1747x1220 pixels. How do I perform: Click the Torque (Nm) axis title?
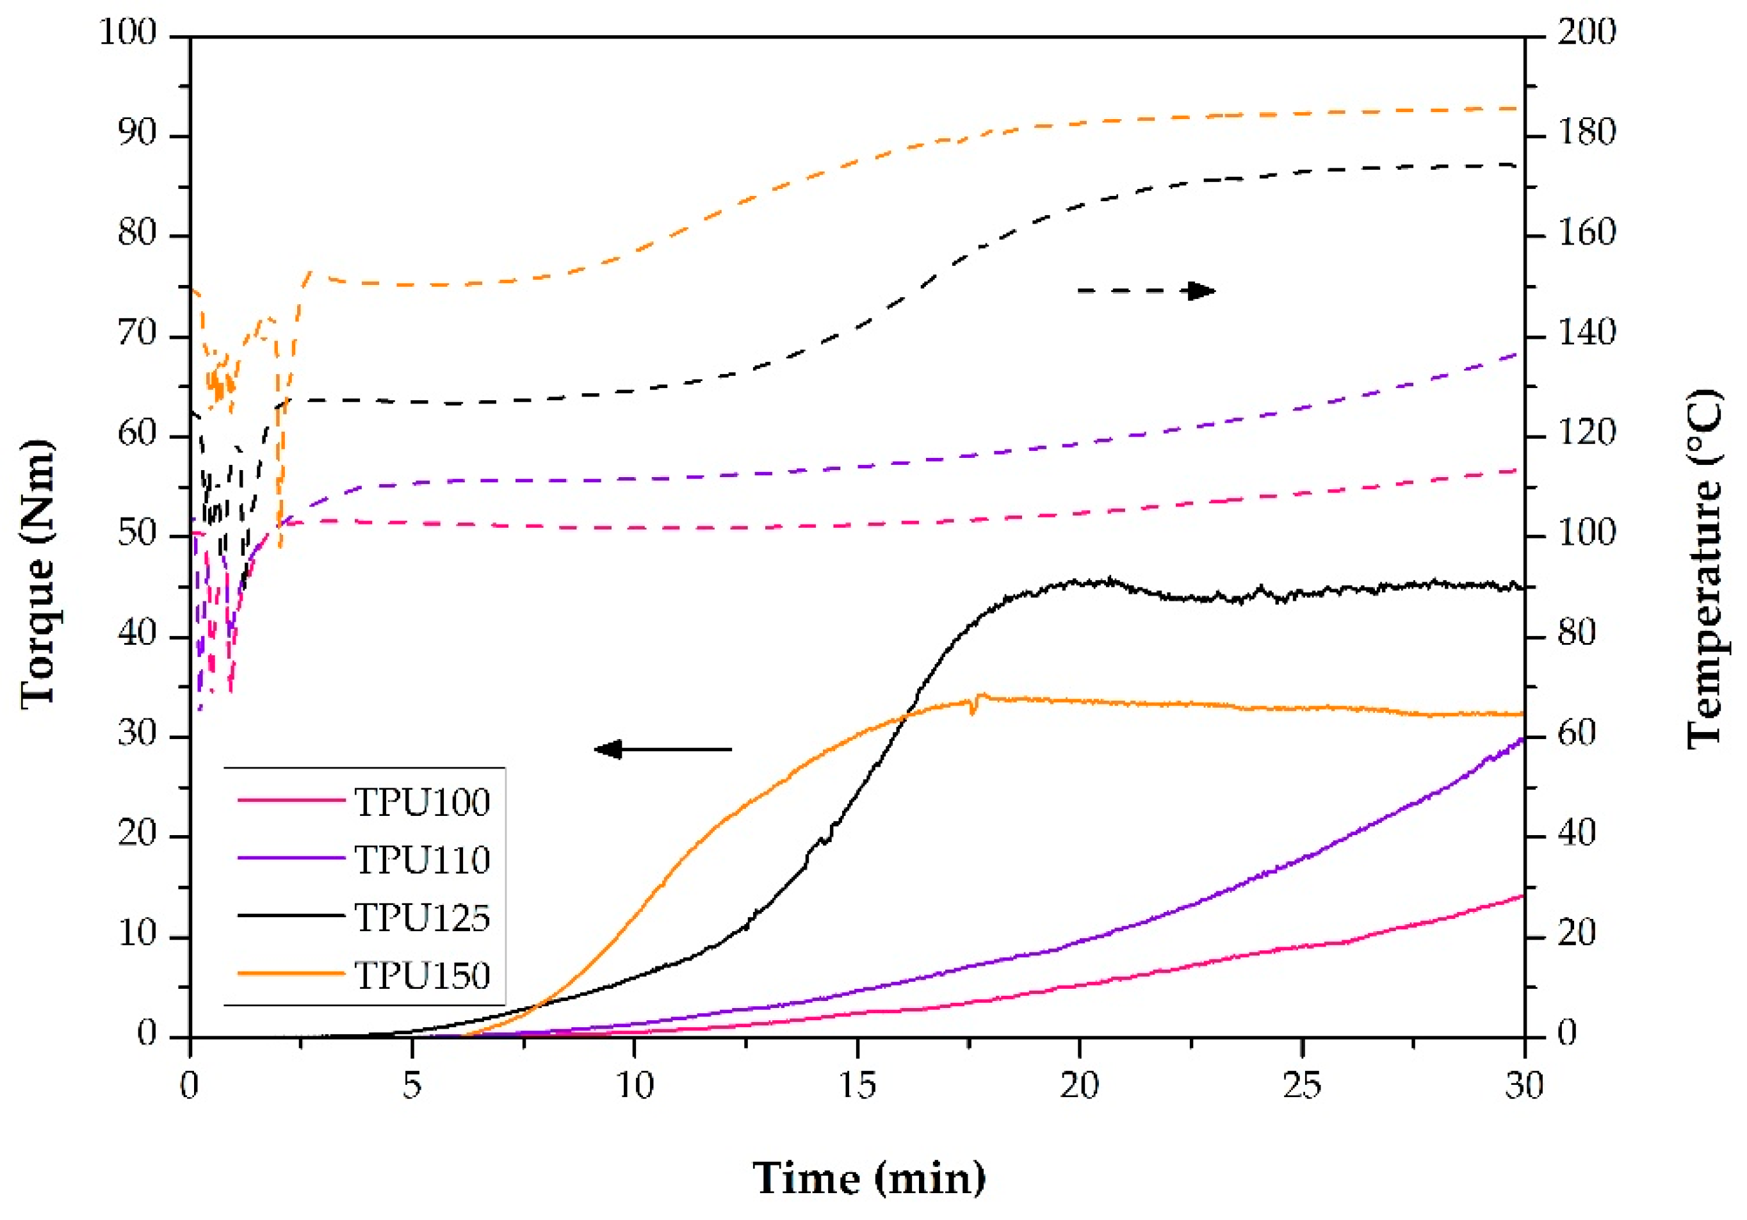point(38,574)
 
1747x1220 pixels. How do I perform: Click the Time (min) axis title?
point(869,1179)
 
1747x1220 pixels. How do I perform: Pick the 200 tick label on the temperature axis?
point(1586,33)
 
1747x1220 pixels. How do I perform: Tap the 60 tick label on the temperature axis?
point(1577,735)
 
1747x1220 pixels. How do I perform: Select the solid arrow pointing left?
point(662,750)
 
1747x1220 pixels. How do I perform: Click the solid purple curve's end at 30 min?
point(1522,739)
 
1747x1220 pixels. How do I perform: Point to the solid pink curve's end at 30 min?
point(1522,896)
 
